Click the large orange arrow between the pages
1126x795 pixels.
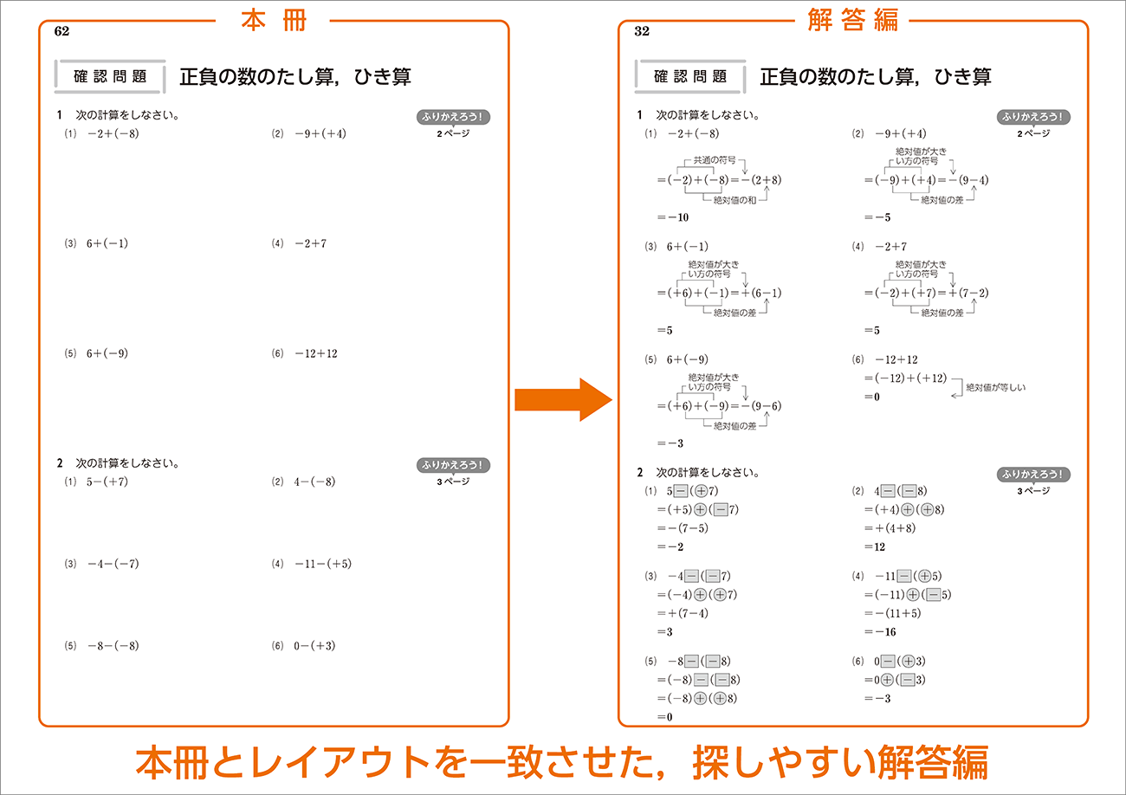(x=563, y=399)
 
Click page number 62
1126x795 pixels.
(x=61, y=31)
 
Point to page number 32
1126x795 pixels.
(x=642, y=31)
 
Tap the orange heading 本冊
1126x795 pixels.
(x=274, y=20)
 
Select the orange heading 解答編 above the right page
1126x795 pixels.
(x=852, y=20)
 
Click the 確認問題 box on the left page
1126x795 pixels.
(x=110, y=76)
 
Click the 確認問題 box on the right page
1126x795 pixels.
(x=690, y=76)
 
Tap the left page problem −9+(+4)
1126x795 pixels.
(x=320, y=133)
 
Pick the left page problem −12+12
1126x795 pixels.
(x=316, y=353)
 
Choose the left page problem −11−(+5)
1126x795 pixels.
(x=323, y=564)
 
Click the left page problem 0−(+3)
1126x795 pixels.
(x=314, y=646)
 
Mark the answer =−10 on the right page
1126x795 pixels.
(x=673, y=217)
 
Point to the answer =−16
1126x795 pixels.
(x=880, y=632)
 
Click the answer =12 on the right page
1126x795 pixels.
(x=875, y=546)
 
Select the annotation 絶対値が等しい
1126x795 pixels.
(x=996, y=387)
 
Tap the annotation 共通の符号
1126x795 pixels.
(x=715, y=160)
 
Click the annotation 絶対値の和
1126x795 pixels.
(x=734, y=200)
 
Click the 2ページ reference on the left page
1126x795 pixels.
(x=453, y=133)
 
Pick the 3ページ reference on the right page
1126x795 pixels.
(x=1033, y=491)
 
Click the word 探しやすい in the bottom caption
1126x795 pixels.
(x=785, y=763)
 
